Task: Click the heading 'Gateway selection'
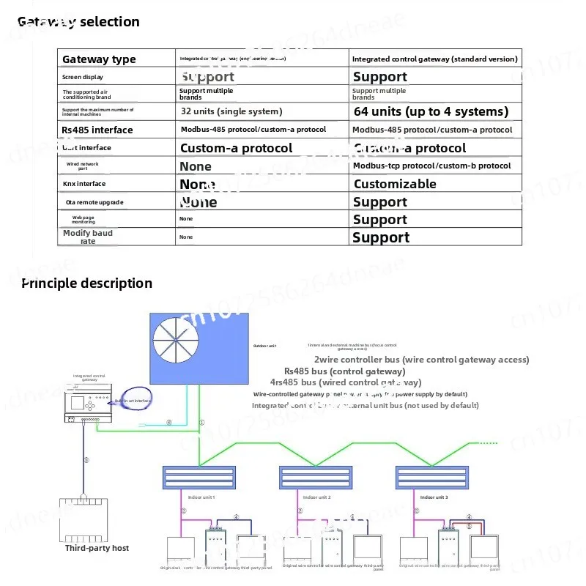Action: point(78,22)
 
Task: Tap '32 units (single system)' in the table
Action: point(231,111)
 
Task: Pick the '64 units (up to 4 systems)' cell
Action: point(431,111)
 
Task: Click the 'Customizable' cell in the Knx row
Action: point(395,184)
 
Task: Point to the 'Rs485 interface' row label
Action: point(97,130)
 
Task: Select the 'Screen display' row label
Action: point(83,77)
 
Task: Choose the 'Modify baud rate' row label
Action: point(88,237)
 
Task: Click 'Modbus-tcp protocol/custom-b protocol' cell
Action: point(431,166)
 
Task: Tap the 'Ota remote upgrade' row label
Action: point(93,202)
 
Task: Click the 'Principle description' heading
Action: point(86,283)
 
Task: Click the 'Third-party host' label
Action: point(97,548)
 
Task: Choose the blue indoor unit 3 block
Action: point(430,478)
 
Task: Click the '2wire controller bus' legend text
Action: point(421,360)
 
